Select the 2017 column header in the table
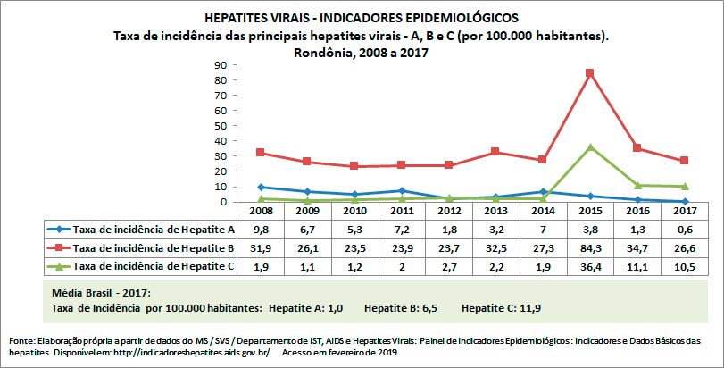(x=683, y=212)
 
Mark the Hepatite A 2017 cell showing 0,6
(x=683, y=230)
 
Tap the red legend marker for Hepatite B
(x=56, y=247)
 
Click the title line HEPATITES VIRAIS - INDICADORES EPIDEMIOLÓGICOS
(x=361, y=18)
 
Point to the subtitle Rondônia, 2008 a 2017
(x=361, y=52)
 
